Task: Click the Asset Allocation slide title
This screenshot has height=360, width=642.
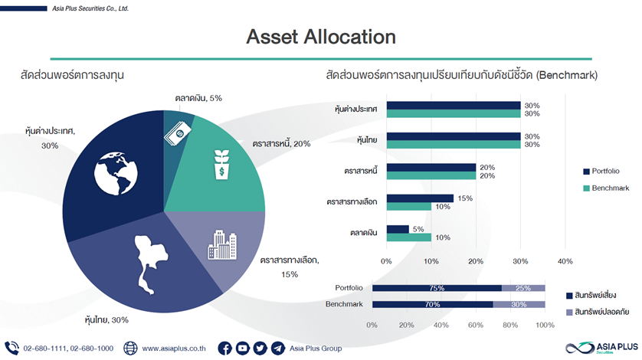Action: [x=321, y=37]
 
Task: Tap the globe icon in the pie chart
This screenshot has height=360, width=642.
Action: [x=116, y=173]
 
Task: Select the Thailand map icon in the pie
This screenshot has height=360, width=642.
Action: [x=150, y=264]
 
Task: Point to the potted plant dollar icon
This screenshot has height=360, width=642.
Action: [x=221, y=165]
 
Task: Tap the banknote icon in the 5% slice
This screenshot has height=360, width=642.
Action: [x=178, y=133]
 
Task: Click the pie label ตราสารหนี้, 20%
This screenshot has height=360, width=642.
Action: [x=281, y=144]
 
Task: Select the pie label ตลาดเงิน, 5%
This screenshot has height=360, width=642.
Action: [x=198, y=98]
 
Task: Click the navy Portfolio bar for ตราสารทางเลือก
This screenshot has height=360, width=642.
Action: [x=420, y=198]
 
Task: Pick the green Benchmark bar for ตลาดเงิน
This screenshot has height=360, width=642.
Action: [x=409, y=237]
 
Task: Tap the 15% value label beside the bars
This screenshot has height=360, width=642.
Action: [x=465, y=198]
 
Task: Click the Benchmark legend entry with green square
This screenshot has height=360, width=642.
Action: [x=606, y=188]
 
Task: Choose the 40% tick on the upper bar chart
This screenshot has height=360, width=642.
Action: [x=565, y=261]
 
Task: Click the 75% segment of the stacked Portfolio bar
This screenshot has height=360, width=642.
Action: [x=437, y=288]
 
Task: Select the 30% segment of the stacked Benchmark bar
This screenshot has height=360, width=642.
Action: [x=519, y=304]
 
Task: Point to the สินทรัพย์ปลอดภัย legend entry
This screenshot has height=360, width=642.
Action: [x=598, y=312]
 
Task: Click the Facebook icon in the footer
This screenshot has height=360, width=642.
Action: [x=224, y=349]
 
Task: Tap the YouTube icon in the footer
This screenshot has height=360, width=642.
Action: [x=242, y=349]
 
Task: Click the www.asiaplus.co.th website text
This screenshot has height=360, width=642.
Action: [x=174, y=349]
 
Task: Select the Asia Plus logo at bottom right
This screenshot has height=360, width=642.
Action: [x=601, y=348]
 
